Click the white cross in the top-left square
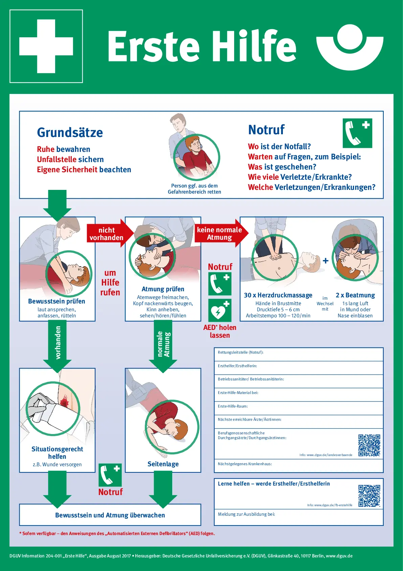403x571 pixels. coord(46,46)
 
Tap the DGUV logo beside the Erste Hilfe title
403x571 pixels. coord(350,47)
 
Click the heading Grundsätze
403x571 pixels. coord(70,133)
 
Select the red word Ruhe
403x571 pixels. coord(46,149)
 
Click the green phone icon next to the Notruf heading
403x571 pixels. coord(357,133)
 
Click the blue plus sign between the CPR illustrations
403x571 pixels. coord(326,261)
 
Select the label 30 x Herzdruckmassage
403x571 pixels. coord(278,295)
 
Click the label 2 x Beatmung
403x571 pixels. coord(355,295)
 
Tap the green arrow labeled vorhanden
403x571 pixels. coord(58,344)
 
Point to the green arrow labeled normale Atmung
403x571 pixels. coord(163,345)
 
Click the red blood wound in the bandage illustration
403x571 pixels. coord(64,402)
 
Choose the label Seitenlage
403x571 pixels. coord(163,464)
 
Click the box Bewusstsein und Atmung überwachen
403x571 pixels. coord(110,515)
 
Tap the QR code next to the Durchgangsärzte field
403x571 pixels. coord(369,445)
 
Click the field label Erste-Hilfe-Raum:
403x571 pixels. coord(233,406)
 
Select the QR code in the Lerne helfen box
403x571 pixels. coord(369,496)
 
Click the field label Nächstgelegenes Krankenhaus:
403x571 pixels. coord(245,464)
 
